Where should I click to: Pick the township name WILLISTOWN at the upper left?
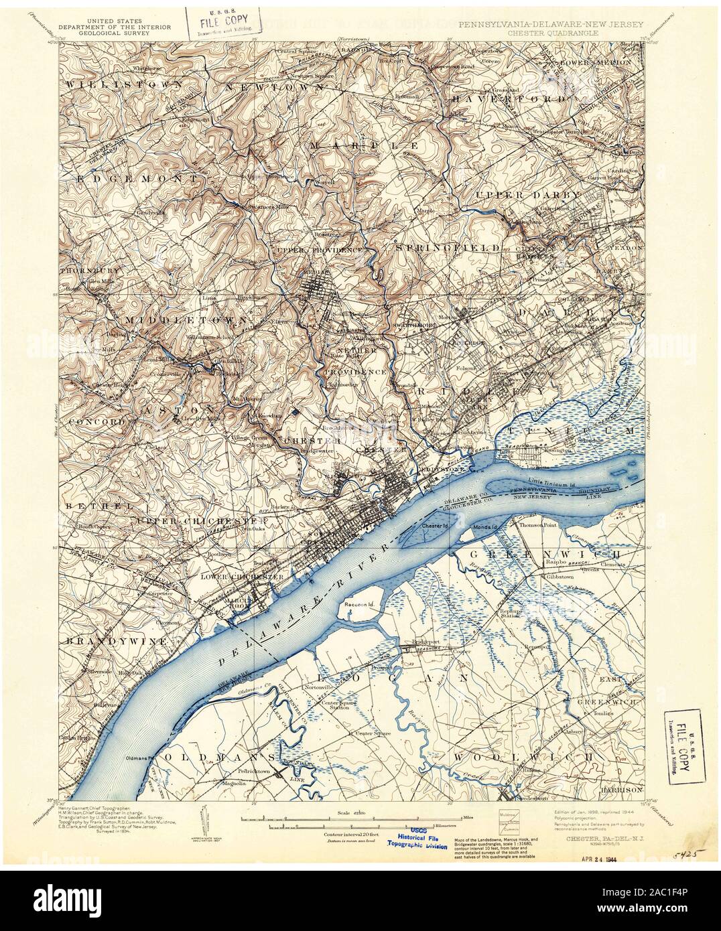pos(124,85)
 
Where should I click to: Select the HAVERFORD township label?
pos(509,99)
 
